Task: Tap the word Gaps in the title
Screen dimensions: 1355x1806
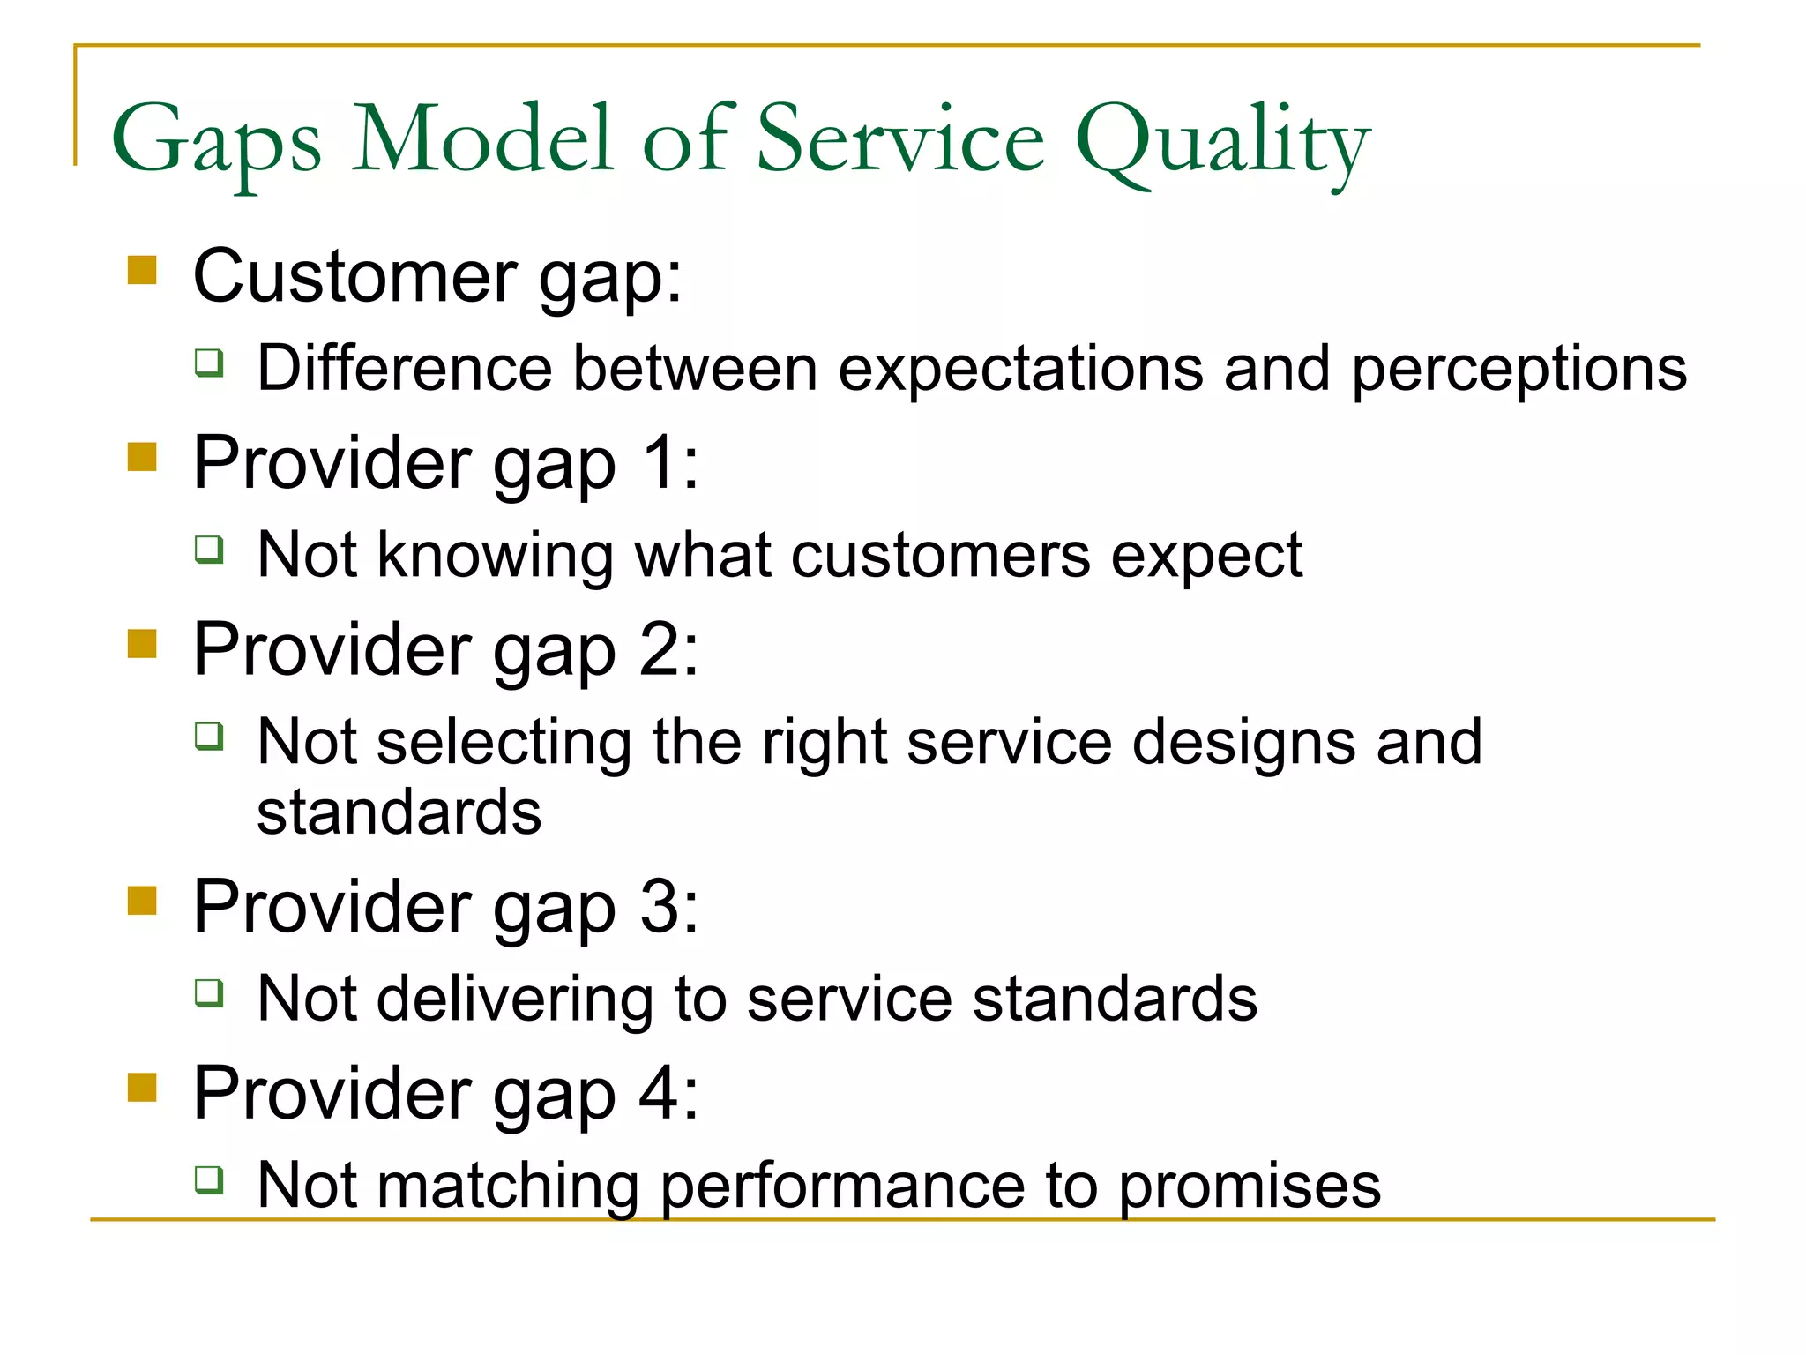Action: coord(216,141)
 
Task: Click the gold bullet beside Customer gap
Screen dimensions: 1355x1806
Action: coord(142,270)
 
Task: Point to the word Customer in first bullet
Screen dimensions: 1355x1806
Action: coord(354,277)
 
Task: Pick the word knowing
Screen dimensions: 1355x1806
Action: coord(494,557)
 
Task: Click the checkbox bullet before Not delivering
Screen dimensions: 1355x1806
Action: coord(210,993)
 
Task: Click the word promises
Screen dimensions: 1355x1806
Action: coord(1250,1187)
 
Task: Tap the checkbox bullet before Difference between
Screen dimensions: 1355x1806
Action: coord(210,363)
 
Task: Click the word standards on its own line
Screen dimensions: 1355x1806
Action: coord(399,813)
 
